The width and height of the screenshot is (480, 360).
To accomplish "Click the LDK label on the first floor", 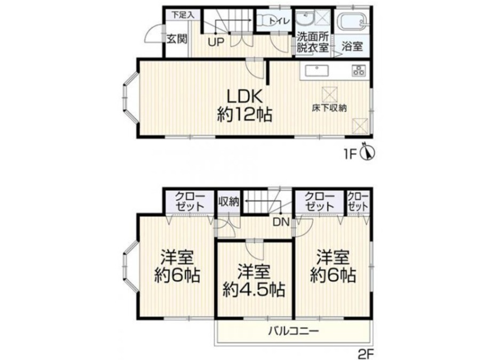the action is [244, 97].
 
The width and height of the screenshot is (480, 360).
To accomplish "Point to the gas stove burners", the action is [358, 70].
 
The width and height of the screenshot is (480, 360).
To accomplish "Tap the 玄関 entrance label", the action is [177, 39].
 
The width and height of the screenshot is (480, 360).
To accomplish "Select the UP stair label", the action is [216, 42].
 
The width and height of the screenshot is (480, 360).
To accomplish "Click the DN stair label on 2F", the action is [281, 222].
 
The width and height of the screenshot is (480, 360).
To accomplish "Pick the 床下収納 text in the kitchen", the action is [329, 108].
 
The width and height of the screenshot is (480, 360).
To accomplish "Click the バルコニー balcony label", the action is [294, 331].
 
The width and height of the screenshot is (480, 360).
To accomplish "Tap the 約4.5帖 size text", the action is [254, 289].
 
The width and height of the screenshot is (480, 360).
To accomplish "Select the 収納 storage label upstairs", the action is [229, 202].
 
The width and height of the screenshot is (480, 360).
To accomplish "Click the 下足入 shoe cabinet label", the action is [182, 15].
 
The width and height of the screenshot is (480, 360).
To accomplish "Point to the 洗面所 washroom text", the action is [312, 37].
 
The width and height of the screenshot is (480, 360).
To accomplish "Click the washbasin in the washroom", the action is [305, 19].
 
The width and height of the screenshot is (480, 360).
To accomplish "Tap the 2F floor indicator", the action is [365, 354].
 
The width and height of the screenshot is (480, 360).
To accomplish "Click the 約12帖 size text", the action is [244, 115].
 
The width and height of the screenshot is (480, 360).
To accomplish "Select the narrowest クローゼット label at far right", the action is [358, 202].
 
